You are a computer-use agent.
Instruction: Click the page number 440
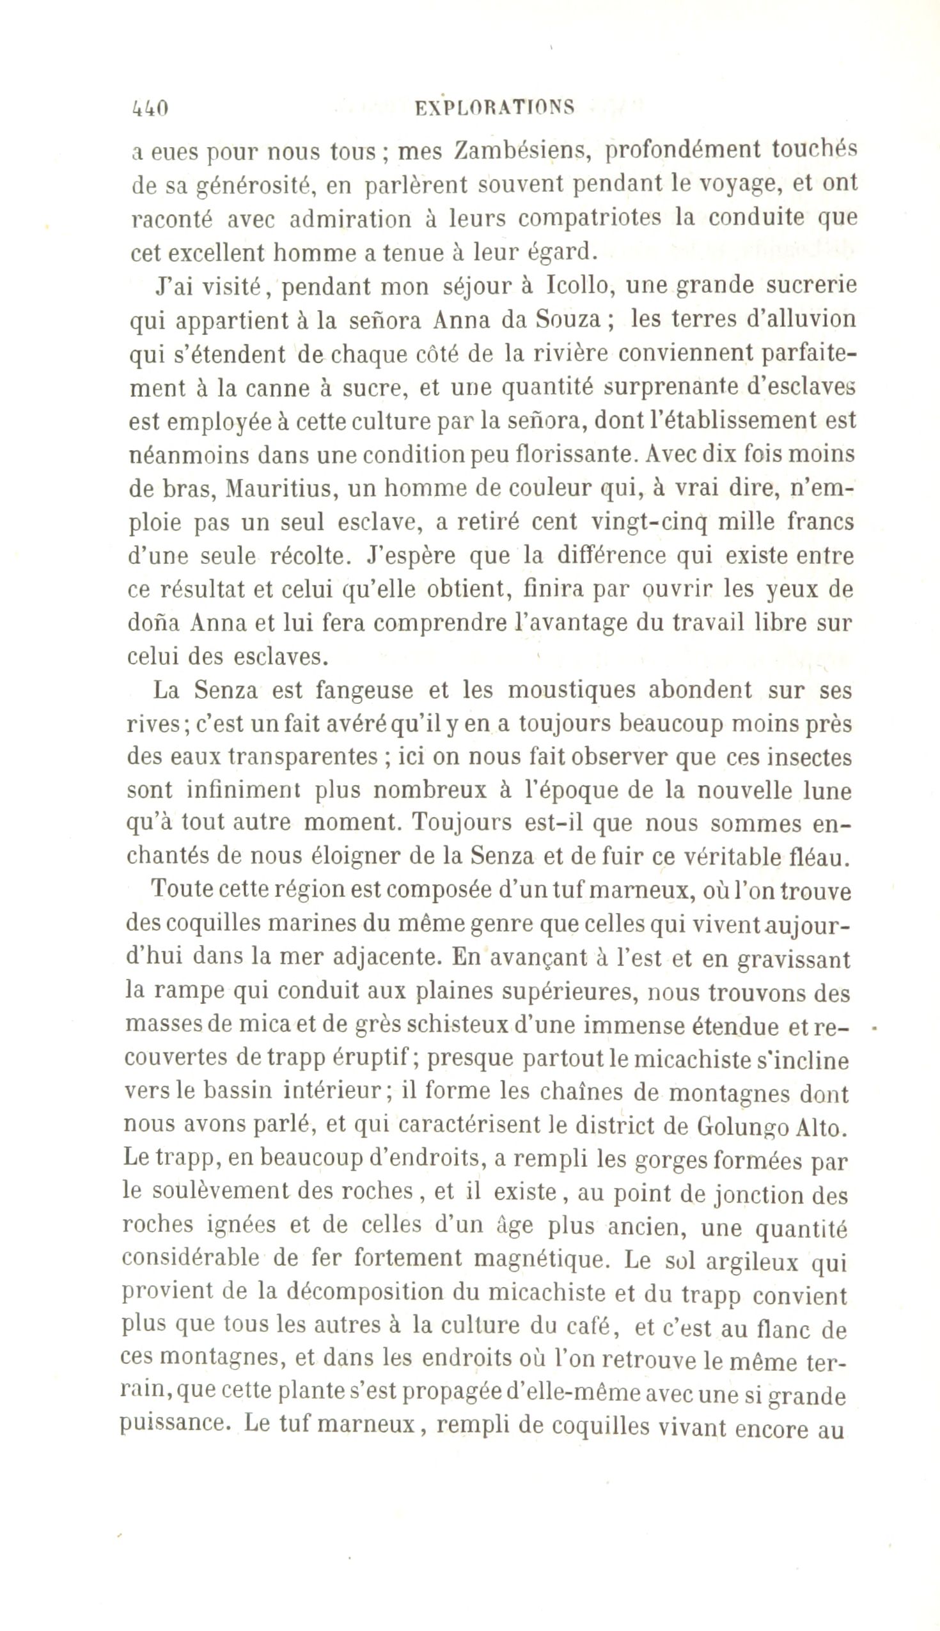(x=150, y=108)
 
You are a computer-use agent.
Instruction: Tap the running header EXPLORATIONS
(x=494, y=107)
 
